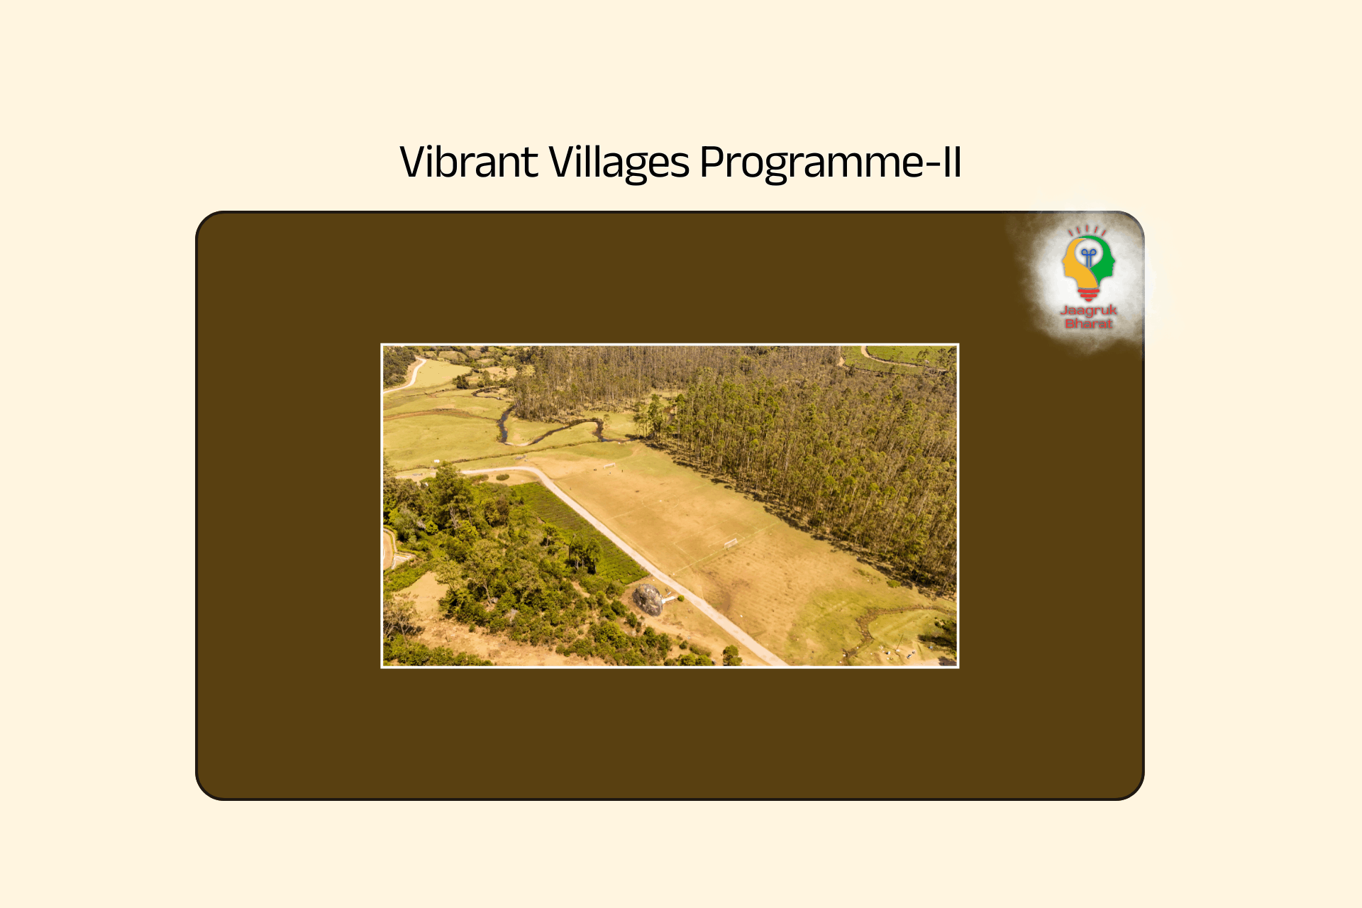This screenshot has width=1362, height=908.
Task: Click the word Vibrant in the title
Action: click(x=469, y=162)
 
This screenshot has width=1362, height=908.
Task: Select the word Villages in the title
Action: click(x=619, y=162)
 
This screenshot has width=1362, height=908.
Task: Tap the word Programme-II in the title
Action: click(x=830, y=162)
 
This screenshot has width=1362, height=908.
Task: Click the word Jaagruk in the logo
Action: click(x=1088, y=310)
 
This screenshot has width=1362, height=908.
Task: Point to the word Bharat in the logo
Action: click(x=1088, y=323)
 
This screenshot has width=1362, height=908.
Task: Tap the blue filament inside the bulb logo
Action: click(x=1089, y=255)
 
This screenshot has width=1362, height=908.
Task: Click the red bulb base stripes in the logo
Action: click(x=1088, y=293)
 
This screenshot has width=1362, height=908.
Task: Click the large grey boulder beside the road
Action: click(x=647, y=599)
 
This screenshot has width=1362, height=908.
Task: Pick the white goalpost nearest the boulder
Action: click(x=731, y=543)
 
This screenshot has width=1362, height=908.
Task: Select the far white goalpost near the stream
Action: click(x=609, y=465)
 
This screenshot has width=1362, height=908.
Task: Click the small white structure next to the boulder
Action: click(x=668, y=600)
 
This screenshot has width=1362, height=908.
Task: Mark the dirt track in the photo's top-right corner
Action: click(x=887, y=358)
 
